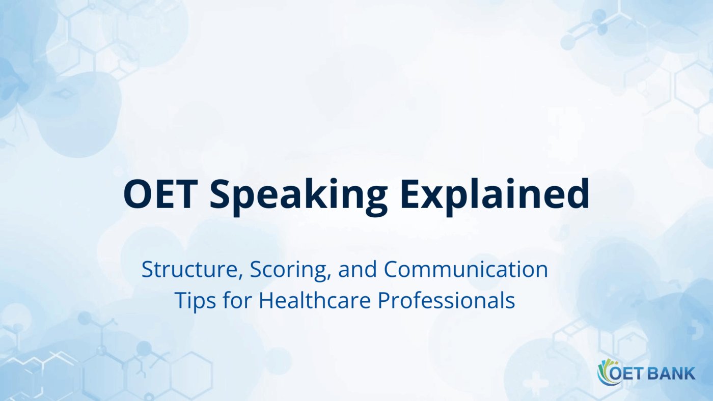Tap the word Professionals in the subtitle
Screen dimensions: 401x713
point(446,300)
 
